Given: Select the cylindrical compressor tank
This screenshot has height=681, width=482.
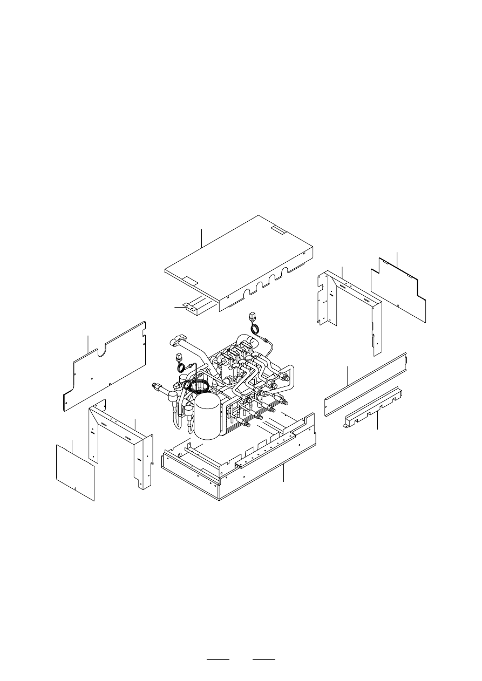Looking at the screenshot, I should pos(208,416).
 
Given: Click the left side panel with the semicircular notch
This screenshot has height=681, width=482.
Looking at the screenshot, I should pos(105,367).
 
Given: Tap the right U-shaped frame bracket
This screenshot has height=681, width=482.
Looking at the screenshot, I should pos(351,308).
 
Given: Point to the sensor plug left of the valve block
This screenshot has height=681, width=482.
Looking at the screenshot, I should pos(179,358).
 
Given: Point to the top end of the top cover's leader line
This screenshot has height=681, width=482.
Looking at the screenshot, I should pos(201,229).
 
